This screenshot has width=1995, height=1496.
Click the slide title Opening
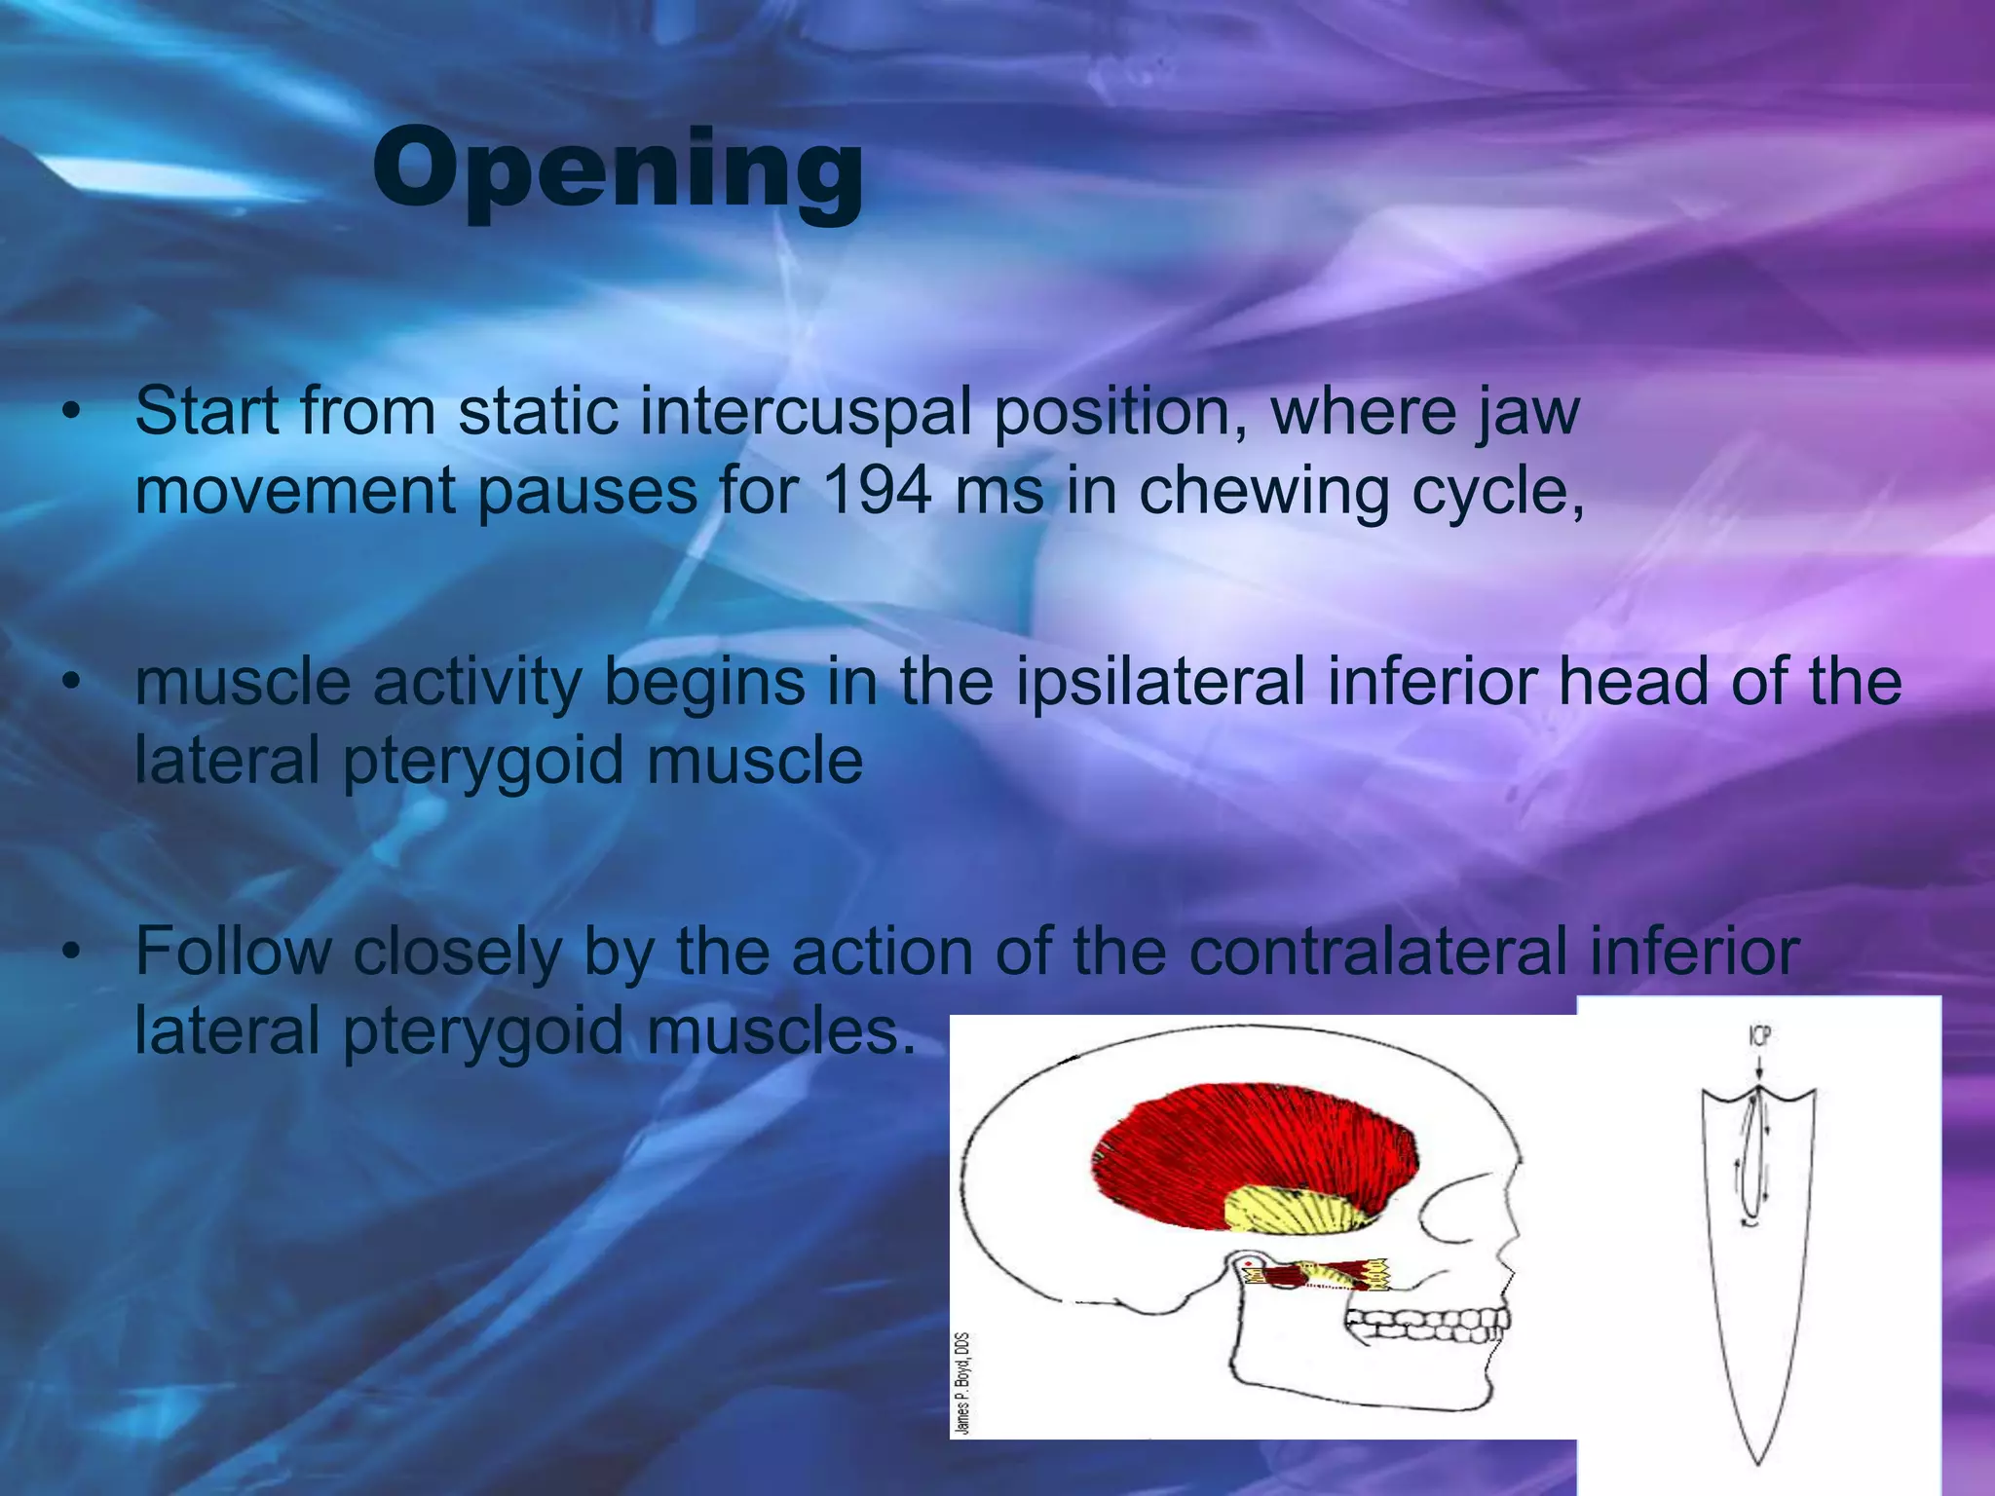pyautogui.click(x=618, y=170)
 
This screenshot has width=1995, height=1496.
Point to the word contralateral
pyautogui.click(x=1377, y=952)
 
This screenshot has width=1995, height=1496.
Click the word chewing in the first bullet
pyautogui.click(x=1263, y=491)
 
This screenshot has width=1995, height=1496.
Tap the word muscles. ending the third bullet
pyautogui.click(x=780, y=1030)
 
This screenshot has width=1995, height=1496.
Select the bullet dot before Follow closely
pyautogui.click(x=69, y=954)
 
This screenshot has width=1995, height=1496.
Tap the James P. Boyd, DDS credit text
pyautogui.click(x=962, y=1382)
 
